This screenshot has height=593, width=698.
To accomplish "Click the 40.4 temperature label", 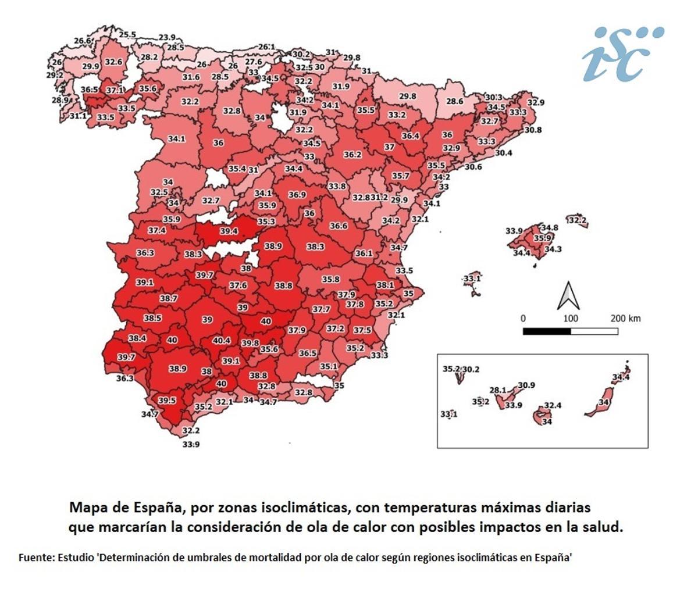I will [222, 340].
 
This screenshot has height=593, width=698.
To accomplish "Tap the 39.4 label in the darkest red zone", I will [229, 231].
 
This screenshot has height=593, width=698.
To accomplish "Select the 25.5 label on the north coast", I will [127, 35].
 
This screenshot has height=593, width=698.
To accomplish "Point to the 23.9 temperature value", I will [167, 38].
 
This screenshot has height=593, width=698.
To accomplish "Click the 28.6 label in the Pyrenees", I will [454, 101].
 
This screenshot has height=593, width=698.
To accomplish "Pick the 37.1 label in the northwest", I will [114, 90].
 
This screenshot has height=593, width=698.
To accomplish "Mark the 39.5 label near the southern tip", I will [167, 401].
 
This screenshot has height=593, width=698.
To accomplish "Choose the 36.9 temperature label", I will [297, 195].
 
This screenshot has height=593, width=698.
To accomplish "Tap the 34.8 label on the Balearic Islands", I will [549, 228].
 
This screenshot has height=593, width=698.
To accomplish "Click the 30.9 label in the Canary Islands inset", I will [526, 385].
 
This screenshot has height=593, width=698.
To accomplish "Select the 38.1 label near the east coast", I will [384, 285].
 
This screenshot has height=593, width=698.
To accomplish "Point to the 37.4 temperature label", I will [156, 230].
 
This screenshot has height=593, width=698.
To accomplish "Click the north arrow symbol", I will [568, 295].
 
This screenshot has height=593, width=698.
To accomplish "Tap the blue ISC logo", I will [622, 53].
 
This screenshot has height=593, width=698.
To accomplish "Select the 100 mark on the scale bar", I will [571, 319].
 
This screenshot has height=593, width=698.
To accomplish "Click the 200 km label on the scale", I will [625, 319].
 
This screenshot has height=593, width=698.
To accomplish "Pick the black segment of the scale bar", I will [546, 331].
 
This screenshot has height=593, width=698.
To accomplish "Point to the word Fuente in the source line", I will [36, 557].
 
